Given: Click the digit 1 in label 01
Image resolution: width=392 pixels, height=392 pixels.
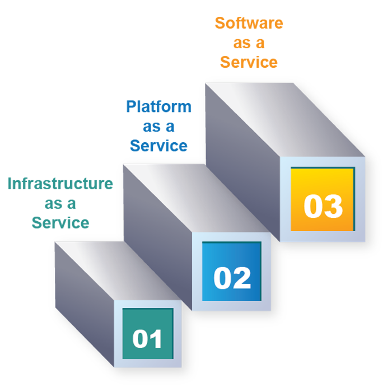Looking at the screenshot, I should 156,339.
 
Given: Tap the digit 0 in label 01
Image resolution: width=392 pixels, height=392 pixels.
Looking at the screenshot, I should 140,339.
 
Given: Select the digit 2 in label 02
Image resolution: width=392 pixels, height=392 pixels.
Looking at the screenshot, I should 241,278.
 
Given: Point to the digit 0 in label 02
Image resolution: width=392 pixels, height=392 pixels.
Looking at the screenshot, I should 223,278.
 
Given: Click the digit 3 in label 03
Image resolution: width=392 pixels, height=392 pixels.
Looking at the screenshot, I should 333,206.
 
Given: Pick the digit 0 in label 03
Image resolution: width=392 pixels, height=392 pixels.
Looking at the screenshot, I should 313,206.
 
